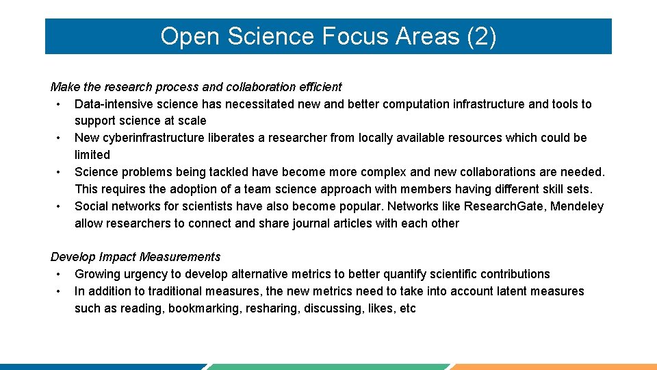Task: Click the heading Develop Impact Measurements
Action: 136,257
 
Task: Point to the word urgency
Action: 146,274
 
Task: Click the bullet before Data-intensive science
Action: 60,104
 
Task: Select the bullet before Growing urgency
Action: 60,274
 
